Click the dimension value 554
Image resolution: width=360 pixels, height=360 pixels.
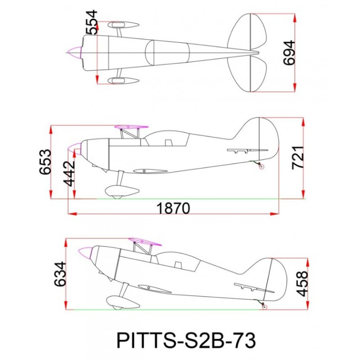point(91,22)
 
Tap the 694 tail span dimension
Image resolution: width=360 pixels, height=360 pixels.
point(288,53)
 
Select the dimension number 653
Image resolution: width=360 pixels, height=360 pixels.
point(45,162)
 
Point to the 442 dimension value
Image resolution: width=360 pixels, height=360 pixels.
point(69,173)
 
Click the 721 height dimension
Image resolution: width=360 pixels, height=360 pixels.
point(298,157)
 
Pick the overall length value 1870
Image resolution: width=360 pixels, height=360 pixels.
point(173,208)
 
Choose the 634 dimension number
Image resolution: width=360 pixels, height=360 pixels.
point(60,274)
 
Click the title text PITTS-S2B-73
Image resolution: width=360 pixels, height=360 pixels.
point(186,341)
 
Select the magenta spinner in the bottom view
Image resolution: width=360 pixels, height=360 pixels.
point(85,252)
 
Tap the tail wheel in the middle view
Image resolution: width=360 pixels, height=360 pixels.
point(261,166)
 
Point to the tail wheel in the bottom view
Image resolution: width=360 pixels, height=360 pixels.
point(265,307)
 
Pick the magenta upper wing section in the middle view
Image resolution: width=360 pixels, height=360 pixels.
point(131,127)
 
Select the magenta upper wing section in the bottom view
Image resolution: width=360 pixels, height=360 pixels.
point(145,242)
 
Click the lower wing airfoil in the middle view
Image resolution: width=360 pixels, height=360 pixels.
point(150,171)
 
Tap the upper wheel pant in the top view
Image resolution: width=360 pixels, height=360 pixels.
point(123,25)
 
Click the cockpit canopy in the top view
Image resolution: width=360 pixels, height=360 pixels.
point(167,52)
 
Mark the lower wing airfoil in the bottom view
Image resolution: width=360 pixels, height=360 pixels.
point(154,289)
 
